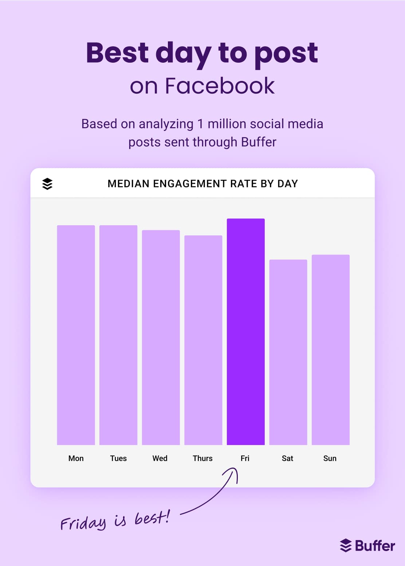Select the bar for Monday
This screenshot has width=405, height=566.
76,335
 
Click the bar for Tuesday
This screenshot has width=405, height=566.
118,335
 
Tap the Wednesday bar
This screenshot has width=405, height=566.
161,337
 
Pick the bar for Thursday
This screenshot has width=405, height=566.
203,340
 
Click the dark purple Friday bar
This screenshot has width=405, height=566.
245,332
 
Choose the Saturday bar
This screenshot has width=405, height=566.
288,352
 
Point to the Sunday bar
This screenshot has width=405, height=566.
330,350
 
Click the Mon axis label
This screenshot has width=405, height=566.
76,458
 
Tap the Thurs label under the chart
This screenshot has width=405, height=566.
202,458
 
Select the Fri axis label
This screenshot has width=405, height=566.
245,458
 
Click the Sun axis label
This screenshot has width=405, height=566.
330,458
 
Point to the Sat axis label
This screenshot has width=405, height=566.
287,458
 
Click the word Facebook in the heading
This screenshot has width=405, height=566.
220,86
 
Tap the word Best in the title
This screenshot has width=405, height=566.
117,53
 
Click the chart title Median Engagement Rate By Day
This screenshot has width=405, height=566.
202,184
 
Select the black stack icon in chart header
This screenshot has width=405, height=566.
47,184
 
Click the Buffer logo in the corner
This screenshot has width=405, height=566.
367,546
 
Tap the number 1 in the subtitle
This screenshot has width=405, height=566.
200,124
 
